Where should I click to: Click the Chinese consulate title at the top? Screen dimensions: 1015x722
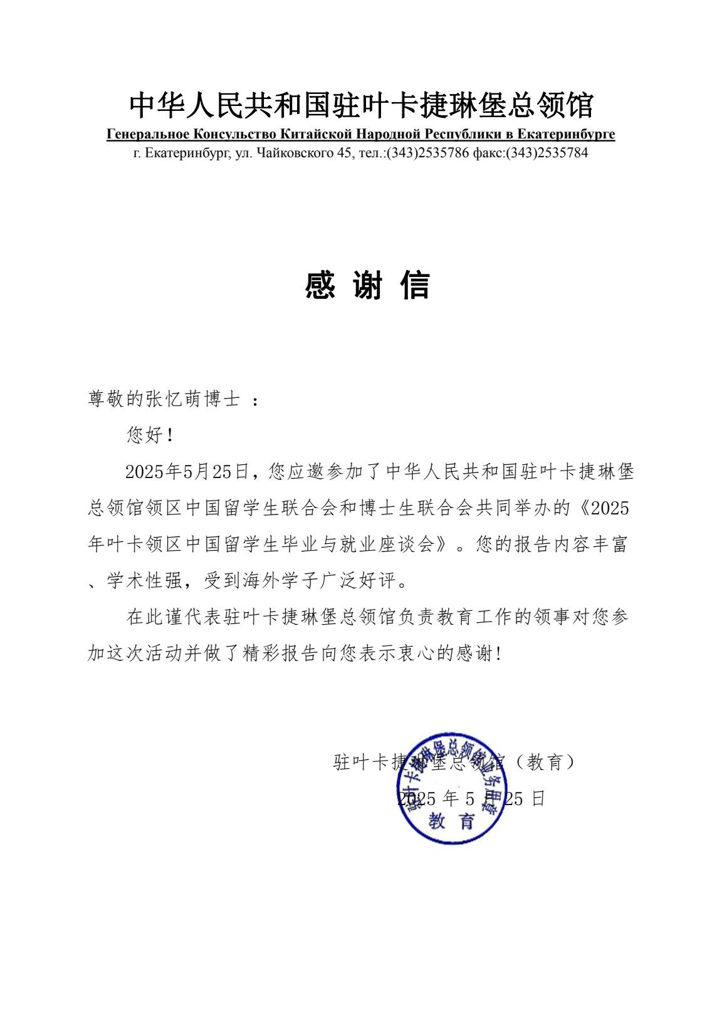[361, 105]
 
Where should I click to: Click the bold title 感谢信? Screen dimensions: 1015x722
[367, 286]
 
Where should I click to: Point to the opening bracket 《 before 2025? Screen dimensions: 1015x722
[581, 508]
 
